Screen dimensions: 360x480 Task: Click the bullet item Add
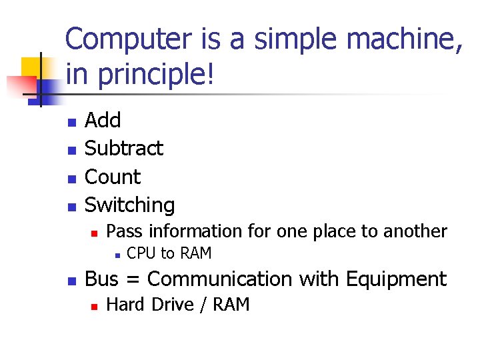[x=103, y=120]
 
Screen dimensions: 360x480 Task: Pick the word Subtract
[x=124, y=148]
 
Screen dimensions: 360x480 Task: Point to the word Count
[x=113, y=177]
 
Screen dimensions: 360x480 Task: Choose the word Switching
[x=130, y=205]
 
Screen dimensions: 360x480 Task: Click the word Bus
[x=101, y=279]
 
